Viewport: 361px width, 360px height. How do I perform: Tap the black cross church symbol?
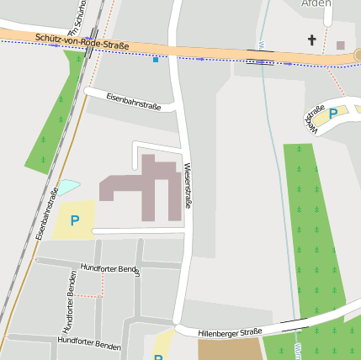pos(312,40)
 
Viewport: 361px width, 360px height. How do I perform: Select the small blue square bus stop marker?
pos(156,59)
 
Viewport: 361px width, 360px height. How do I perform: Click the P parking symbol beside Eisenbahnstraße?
pos(75,220)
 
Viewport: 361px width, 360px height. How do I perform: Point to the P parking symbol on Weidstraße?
pos(333,114)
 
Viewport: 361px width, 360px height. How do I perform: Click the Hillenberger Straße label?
pos(230,333)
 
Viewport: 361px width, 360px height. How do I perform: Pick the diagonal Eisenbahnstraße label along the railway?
pos(47,215)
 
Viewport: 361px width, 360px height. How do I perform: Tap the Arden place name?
pos(316,4)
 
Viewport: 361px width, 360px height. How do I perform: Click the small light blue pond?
pos(66,188)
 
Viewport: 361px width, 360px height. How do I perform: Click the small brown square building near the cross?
pos(340,45)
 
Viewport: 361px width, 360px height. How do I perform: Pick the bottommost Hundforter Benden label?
pos(89,343)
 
